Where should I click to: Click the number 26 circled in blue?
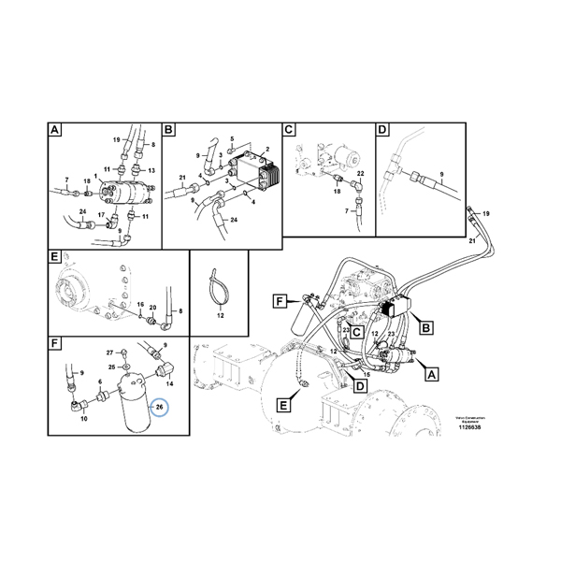pos(159,408)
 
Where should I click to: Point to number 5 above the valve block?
pos(230,138)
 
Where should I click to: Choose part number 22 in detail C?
pos(360,175)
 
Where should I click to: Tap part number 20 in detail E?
pos(152,307)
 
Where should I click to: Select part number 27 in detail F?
pos(108,352)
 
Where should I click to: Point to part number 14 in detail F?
pos(169,383)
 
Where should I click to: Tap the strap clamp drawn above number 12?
pos(218,284)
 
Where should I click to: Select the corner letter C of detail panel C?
pos(289,130)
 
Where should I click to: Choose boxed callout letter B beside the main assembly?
pos(426,327)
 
